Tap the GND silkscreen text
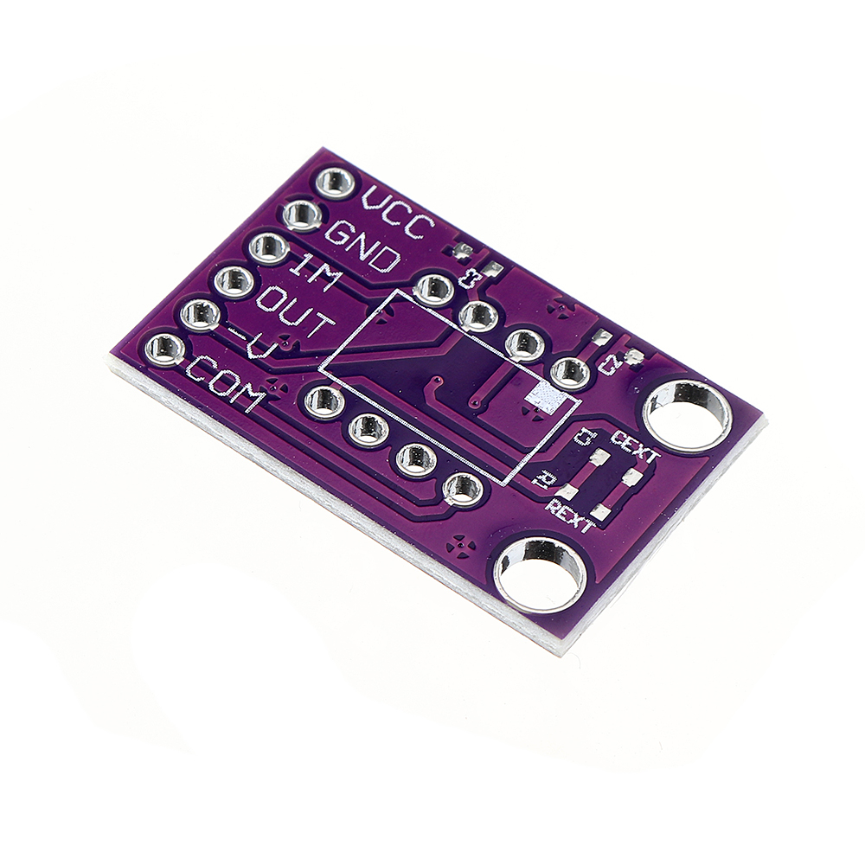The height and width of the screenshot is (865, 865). (362, 246)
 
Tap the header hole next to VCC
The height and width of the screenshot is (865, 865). (335, 183)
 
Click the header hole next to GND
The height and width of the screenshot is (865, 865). (302, 215)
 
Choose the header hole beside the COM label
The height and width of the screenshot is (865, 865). (164, 349)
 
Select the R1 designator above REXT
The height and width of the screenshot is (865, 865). (546, 477)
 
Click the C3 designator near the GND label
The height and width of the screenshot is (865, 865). (471, 279)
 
